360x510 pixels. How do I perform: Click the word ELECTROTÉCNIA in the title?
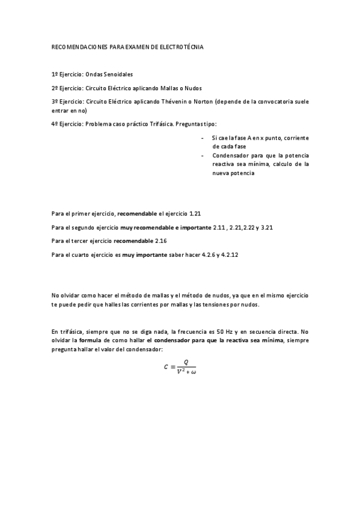(185, 46)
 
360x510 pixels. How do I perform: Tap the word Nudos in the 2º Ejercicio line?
(191, 88)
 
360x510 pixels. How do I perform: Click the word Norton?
(204, 102)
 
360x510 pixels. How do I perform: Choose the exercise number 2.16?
(160, 241)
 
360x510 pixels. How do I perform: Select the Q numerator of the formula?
(187, 362)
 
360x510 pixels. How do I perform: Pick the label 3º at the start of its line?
(55, 102)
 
